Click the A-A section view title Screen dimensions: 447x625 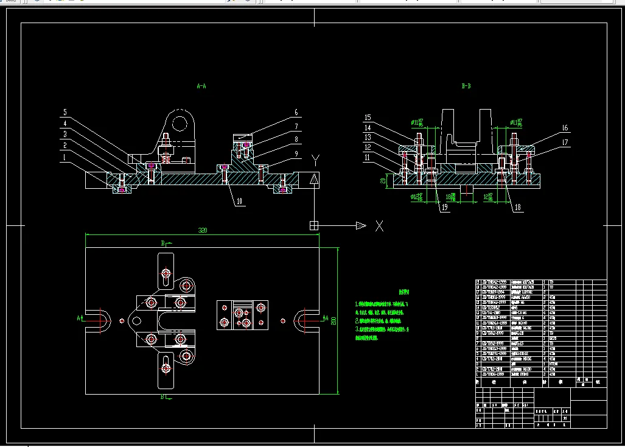(x=201, y=86)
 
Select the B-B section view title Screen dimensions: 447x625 (x=467, y=86)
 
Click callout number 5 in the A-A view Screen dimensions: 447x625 (x=65, y=112)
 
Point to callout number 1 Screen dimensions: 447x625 (x=65, y=157)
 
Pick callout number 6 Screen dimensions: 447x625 (x=296, y=112)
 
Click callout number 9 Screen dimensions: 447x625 (x=296, y=155)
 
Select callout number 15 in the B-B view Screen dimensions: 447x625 (x=368, y=117)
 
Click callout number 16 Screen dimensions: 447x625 (x=565, y=128)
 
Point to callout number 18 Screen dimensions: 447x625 (x=518, y=208)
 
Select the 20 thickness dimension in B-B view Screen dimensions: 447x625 (x=383, y=180)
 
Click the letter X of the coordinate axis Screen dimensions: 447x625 (x=379, y=226)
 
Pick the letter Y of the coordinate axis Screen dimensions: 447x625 (x=315, y=161)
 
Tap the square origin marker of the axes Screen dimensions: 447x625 (x=314, y=225)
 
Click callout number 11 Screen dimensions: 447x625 (x=368, y=157)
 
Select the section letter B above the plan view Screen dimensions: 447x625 (x=162, y=243)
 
